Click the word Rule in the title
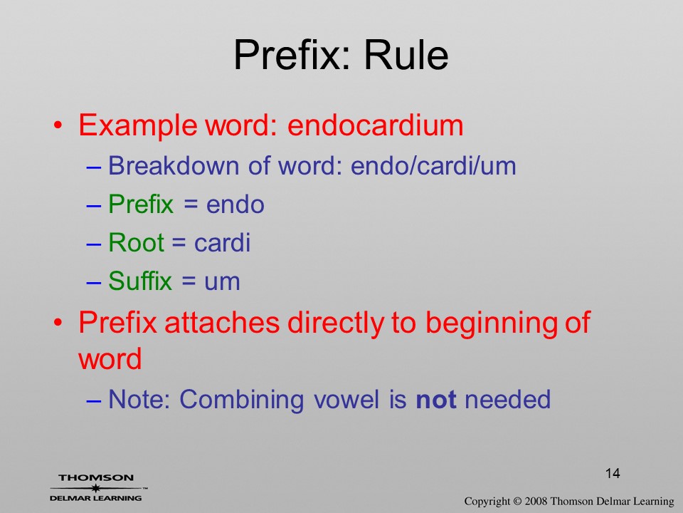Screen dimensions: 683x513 pos(406,55)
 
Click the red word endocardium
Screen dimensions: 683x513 pos(376,125)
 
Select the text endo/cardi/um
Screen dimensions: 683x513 pos(433,166)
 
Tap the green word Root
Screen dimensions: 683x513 pos(136,242)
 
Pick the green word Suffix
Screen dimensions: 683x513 pos(140,281)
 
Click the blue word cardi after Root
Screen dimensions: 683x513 pos(222,242)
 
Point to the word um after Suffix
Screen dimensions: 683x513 pos(222,282)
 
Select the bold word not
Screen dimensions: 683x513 pos(436,400)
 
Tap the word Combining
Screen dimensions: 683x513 pos(242,400)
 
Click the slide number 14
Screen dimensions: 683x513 pos(613,473)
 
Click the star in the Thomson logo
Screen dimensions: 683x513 pos(95,488)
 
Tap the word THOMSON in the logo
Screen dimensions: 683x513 pos(96,477)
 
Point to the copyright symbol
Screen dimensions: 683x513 pos(517,502)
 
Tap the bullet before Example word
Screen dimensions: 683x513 pos(58,125)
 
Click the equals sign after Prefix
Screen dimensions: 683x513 pos(190,205)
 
